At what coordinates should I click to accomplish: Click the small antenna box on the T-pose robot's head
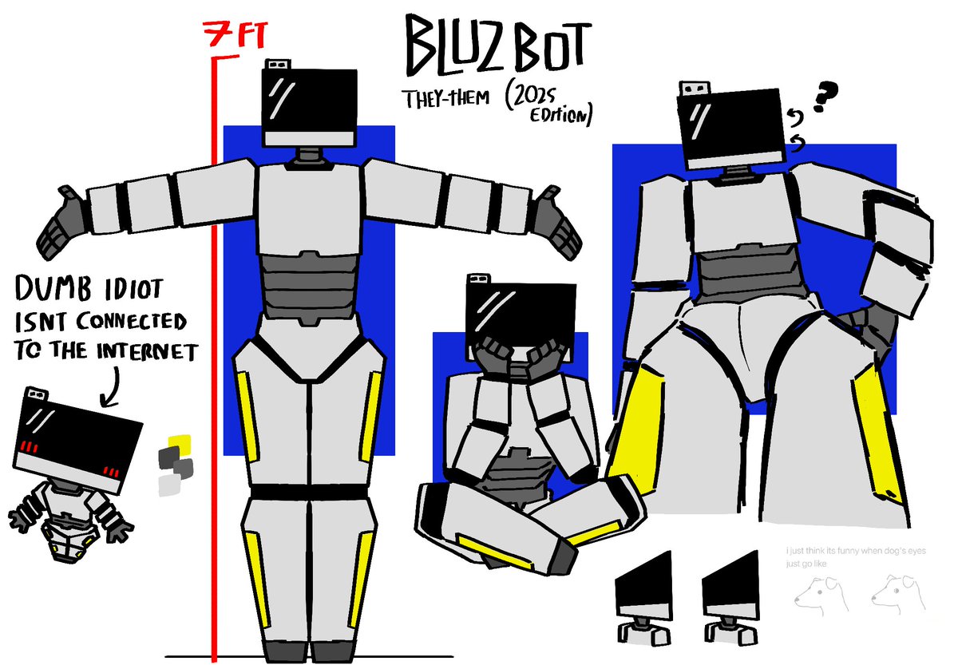click(x=277, y=64)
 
